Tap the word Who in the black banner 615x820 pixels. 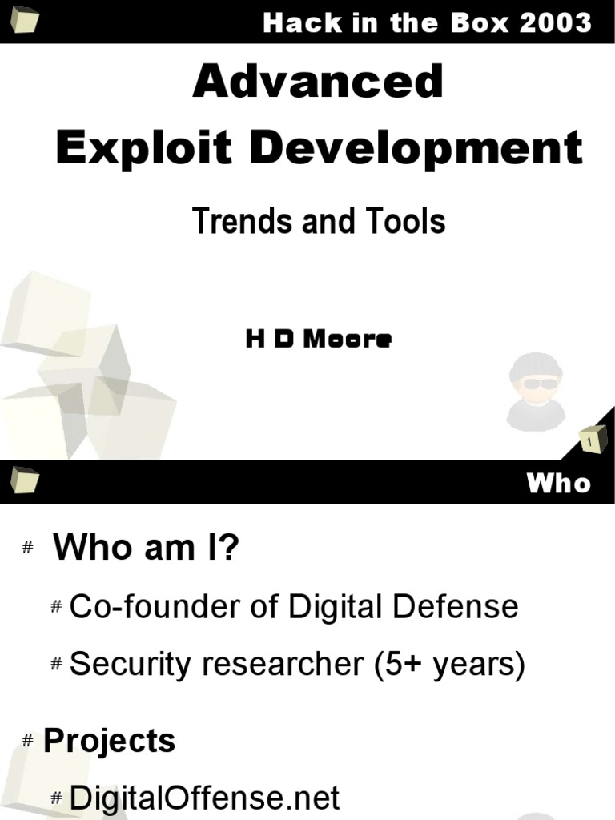(558, 483)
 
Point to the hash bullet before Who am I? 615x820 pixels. (28, 548)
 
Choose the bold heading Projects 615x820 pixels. (109, 741)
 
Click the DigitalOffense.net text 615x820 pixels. (205, 798)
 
